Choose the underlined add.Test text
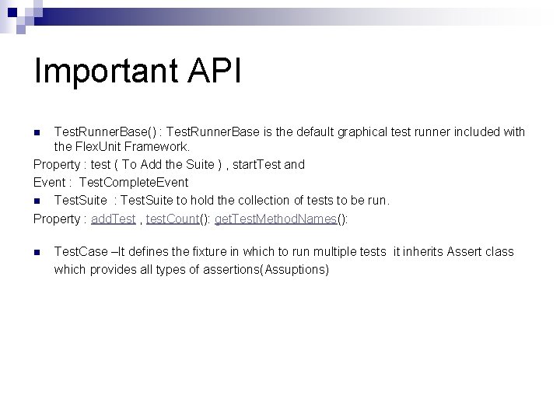[x=113, y=219]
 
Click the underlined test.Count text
[x=172, y=219]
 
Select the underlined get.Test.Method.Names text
[x=275, y=219]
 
